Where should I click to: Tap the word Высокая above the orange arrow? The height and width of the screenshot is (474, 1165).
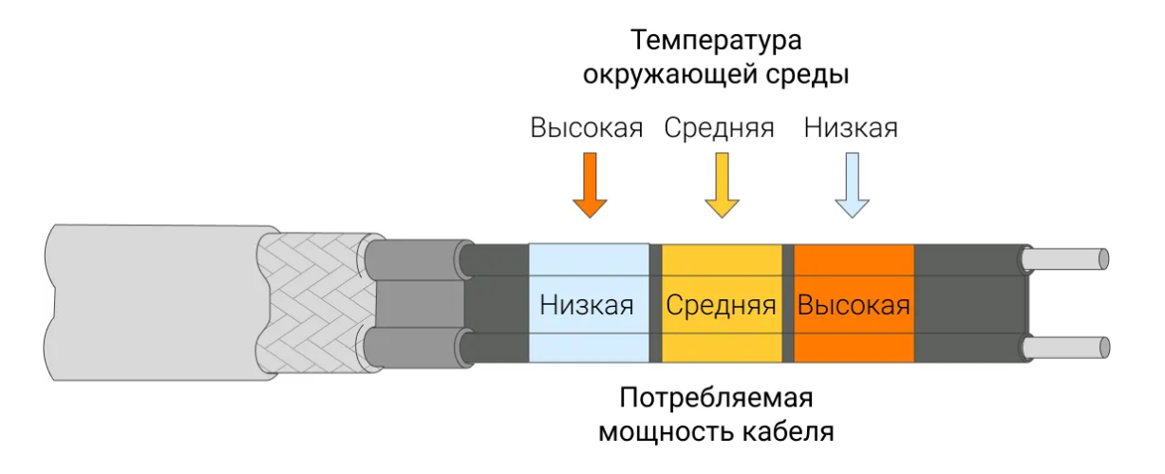(x=587, y=128)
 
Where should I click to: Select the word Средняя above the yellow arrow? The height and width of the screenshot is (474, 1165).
(x=719, y=128)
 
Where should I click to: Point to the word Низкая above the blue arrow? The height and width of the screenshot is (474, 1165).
(x=850, y=128)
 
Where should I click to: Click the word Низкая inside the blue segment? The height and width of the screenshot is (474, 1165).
(x=587, y=306)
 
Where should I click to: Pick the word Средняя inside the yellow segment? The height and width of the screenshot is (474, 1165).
(x=721, y=306)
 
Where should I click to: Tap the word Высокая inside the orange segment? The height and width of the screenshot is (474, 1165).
(x=854, y=306)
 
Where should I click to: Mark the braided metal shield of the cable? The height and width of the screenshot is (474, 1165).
(x=313, y=302)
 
